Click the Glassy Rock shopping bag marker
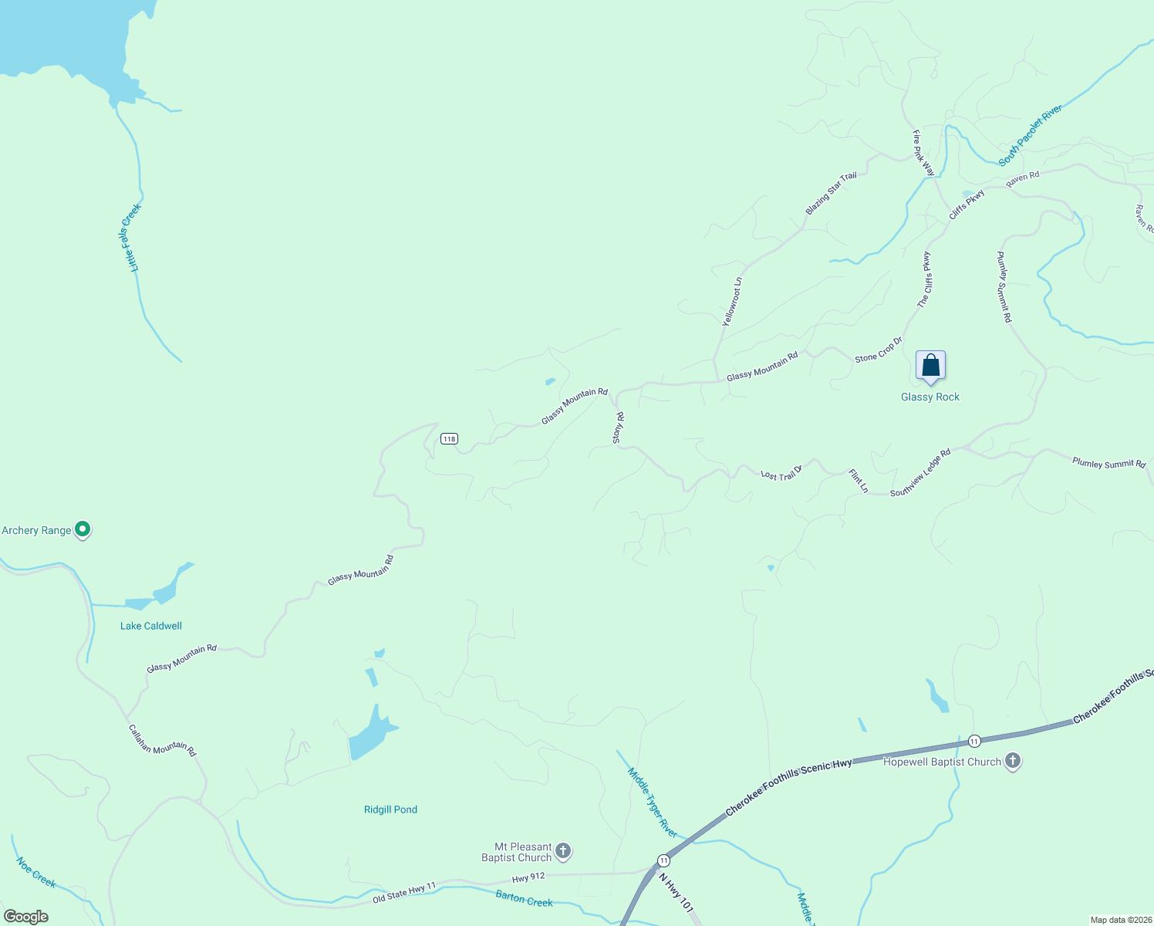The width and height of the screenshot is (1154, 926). tap(930, 366)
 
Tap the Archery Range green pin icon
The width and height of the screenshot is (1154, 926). tap(83, 530)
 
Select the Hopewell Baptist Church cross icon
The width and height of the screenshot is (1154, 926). tap(1013, 762)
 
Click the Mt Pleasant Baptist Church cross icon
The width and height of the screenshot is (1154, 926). tap(563, 852)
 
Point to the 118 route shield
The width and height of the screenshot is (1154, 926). tap(449, 439)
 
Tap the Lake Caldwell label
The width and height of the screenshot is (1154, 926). tap(151, 626)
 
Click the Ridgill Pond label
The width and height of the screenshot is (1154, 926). tap(390, 809)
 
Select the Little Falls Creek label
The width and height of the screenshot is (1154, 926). tap(133, 238)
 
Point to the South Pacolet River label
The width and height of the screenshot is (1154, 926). tap(1031, 135)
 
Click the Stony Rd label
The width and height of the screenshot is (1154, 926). tap(618, 428)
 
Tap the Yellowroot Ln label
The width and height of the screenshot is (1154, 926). tap(732, 302)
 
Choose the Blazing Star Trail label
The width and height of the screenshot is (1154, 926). tap(831, 194)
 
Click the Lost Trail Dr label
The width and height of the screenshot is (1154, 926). tap(781, 472)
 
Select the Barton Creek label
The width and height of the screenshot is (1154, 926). tap(524, 898)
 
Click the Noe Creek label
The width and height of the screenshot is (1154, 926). tap(35, 872)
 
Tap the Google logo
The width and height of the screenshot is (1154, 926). tap(26, 917)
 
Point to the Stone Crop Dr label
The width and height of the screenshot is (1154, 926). tap(878, 350)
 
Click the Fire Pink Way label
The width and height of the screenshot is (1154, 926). tap(923, 153)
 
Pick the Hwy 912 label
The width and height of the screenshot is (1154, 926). tap(528, 877)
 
